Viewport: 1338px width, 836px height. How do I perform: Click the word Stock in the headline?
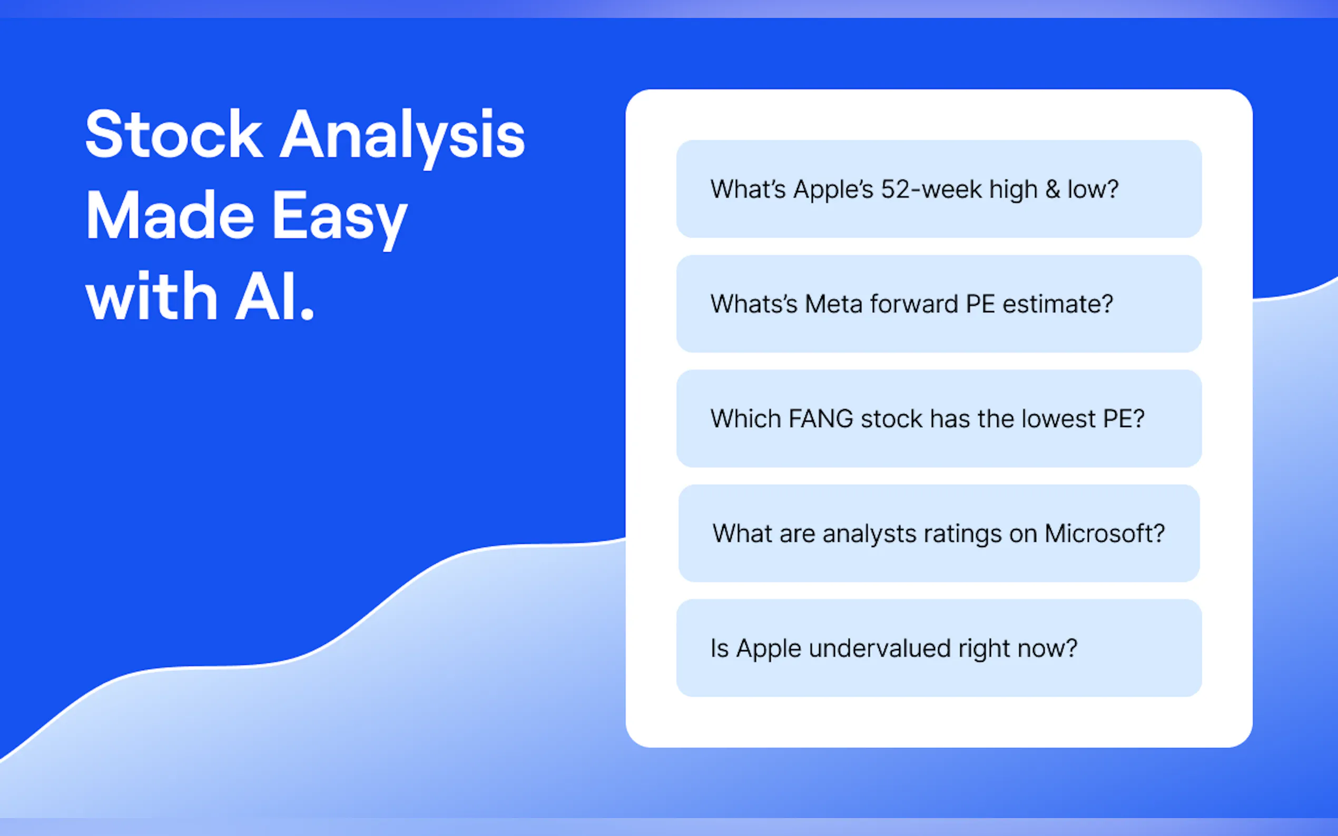click(174, 134)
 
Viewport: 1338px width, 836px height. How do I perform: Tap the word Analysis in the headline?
click(402, 138)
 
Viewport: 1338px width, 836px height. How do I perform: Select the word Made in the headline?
click(170, 215)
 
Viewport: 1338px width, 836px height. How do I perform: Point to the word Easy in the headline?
click(340, 220)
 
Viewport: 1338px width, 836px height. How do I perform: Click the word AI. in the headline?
click(275, 296)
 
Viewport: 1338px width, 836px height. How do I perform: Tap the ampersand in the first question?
click(1052, 190)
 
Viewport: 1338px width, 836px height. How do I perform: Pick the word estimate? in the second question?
click(1058, 304)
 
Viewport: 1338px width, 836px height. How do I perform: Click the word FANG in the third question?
click(821, 419)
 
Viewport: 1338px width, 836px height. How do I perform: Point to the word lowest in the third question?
click(1059, 419)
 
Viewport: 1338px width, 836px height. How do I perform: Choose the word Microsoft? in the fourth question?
click(1105, 534)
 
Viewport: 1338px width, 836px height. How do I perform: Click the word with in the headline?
click(151, 296)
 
